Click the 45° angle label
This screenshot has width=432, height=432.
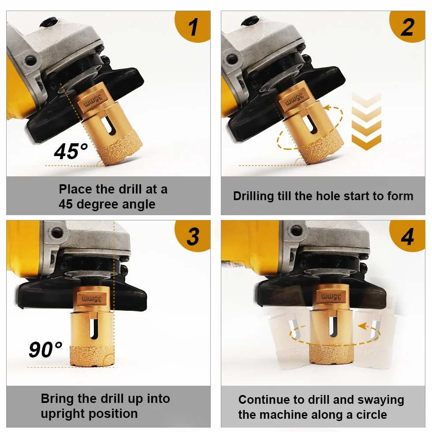click(71, 151)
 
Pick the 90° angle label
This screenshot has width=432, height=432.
click(45, 349)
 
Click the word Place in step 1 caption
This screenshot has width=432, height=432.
click(75, 189)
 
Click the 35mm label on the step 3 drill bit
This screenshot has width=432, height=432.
click(92, 299)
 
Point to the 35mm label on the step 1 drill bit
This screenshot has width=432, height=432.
click(93, 100)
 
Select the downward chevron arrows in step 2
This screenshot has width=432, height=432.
click(366, 122)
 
